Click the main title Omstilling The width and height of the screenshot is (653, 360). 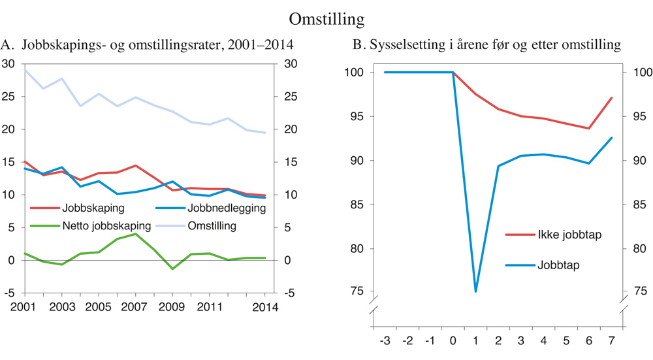click(x=326, y=18)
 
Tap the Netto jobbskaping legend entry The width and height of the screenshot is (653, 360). click(x=106, y=226)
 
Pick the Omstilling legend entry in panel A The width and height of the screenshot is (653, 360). click(x=212, y=226)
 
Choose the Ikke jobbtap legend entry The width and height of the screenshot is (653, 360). click(x=569, y=235)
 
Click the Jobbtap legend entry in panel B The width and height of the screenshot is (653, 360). click(x=558, y=265)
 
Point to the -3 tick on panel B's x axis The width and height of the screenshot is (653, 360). click(x=386, y=340)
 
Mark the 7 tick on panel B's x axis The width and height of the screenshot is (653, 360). click(x=612, y=340)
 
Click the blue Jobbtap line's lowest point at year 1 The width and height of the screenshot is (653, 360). click(x=475, y=291)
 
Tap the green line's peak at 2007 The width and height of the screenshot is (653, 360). click(x=135, y=234)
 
